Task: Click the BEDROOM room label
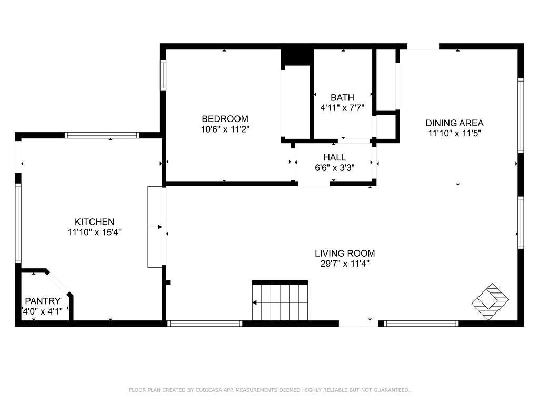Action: [225, 119]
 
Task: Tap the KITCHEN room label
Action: [95, 222]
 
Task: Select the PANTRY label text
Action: [43, 301]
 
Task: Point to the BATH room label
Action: [342, 97]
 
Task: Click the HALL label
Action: [334, 157]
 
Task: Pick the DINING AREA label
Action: [454, 123]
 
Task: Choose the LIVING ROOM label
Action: [345, 254]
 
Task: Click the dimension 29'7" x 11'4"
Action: [345, 264]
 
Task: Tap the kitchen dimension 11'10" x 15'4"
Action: [95, 233]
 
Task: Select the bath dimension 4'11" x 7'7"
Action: [342, 108]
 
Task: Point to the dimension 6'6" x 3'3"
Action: [334, 168]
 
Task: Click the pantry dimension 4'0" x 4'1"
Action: [43, 311]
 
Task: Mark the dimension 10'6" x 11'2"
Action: [225, 129]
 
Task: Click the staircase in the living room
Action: [280, 300]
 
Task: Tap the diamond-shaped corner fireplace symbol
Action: [490, 301]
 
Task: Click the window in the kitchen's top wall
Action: [102, 135]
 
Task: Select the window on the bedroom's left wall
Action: [163, 76]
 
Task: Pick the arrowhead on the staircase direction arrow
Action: [254, 302]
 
